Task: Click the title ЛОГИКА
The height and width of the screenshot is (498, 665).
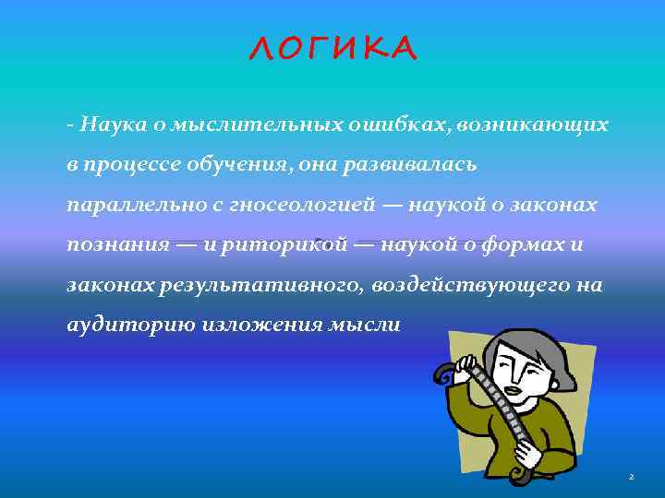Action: pyautogui.click(x=332, y=48)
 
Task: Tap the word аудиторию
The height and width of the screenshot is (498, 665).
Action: pyautogui.click(x=120, y=326)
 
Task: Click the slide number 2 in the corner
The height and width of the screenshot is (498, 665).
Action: pyautogui.click(x=630, y=477)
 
